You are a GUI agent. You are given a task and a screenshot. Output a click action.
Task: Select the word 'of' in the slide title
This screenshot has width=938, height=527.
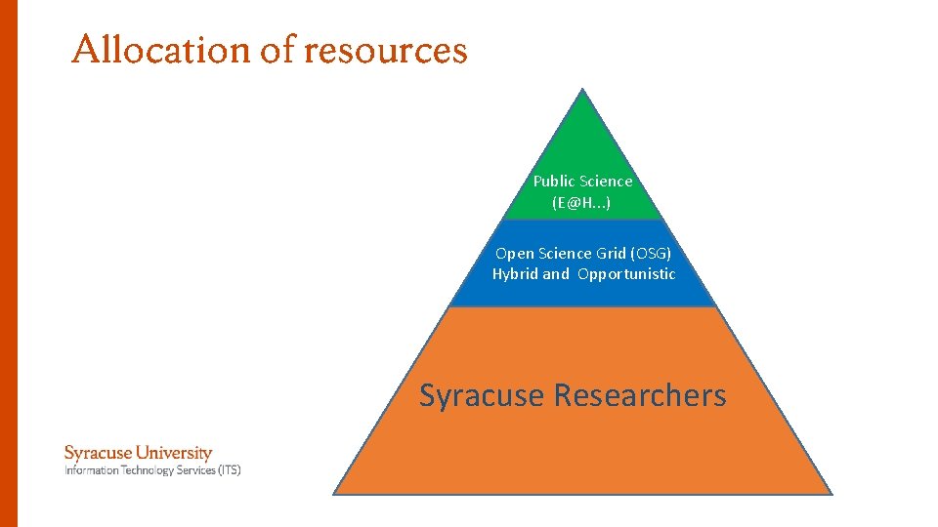pos(277,50)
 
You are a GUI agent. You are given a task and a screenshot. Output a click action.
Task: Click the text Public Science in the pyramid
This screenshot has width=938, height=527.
pos(582,181)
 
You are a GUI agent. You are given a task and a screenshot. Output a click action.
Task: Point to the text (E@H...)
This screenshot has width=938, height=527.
pos(581,203)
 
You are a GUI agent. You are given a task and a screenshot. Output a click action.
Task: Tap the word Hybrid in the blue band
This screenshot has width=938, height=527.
pos(515,274)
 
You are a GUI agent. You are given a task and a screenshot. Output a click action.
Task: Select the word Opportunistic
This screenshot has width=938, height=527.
pos(626,274)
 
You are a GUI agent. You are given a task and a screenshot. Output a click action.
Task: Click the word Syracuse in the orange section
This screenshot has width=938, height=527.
pos(482,395)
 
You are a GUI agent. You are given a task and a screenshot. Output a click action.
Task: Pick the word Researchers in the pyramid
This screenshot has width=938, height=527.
pos(640,395)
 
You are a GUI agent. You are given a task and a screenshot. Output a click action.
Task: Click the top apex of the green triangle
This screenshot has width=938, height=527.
pos(582,90)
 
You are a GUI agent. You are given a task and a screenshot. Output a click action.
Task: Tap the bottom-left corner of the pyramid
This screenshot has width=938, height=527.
pos(334,494)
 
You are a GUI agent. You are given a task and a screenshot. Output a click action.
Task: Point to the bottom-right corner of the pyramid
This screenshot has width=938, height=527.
pos(832,494)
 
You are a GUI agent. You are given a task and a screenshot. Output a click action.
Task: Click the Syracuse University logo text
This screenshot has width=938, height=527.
pos(138,453)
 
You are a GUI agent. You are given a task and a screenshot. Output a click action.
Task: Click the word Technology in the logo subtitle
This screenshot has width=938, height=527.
pos(142,470)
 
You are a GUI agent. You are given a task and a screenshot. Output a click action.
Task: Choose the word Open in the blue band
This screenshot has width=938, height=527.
pos(514,254)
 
